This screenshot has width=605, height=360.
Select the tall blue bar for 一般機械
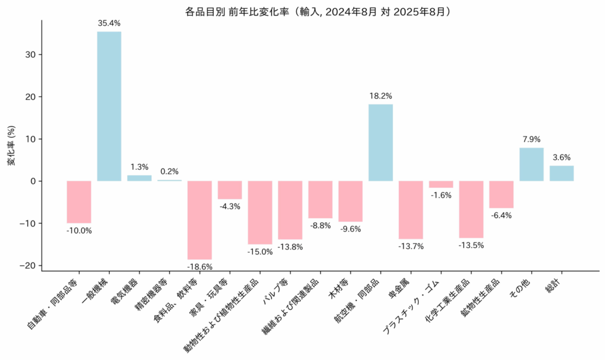(109, 106)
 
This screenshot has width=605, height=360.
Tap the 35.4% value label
(109, 24)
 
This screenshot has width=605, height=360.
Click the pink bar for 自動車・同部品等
(79, 202)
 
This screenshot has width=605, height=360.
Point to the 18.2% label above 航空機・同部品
(380, 96)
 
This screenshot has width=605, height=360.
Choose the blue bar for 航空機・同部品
(380, 142)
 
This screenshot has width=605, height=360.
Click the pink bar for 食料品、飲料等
(200, 220)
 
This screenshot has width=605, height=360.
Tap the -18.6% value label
(200, 267)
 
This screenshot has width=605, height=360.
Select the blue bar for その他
(531, 164)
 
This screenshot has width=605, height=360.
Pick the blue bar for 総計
(561, 173)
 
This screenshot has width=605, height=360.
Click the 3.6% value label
(561, 157)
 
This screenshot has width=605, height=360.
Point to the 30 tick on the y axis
(30, 54)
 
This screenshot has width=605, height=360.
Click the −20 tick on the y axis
(27, 265)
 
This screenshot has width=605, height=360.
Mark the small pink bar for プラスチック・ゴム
(441, 184)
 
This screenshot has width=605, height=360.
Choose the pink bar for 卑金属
(411, 209)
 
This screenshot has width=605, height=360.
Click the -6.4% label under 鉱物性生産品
(501, 216)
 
